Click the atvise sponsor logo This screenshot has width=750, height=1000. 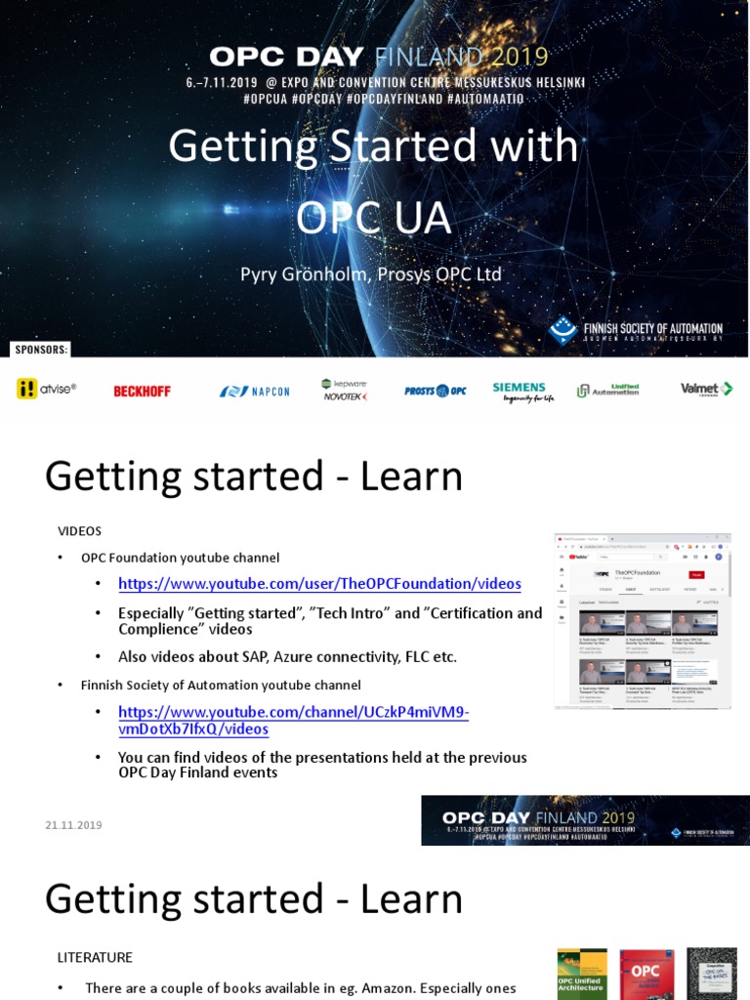(x=46, y=389)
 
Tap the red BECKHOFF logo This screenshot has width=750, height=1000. (x=142, y=391)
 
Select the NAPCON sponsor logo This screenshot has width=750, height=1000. (x=254, y=391)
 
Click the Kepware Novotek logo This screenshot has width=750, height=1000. (x=345, y=390)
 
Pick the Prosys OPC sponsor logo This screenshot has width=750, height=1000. (x=435, y=391)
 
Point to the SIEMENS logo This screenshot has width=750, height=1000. (x=521, y=392)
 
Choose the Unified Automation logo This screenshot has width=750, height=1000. (x=607, y=390)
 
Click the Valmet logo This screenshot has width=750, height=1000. (x=705, y=389)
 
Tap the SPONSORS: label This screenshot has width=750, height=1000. (x=40, y=349)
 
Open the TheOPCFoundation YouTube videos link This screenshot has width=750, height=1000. (x=319, y=584)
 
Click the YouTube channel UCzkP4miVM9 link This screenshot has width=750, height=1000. (x=293, y=721)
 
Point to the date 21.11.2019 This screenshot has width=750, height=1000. (x=73, y=825)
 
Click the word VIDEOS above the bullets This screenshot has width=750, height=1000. (x=79, y=530)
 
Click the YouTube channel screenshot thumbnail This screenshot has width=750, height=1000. (x=642, y=620)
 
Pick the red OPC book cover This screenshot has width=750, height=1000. (x=646, y=975)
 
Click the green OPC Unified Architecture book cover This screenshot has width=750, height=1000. (x=581, y=975)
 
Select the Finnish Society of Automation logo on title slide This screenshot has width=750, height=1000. (x=636, y=330)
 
